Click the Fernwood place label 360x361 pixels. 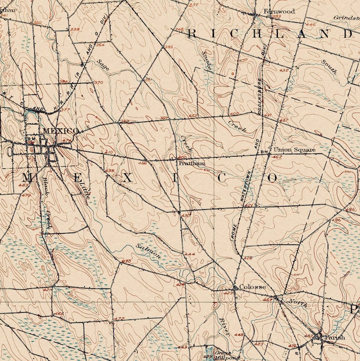[278, 11]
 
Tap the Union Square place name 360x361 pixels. [295, 149]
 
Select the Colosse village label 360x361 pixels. [253, 287]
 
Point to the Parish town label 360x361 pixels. [334, 337]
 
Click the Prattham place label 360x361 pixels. [192, 164]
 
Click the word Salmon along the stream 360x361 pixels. [149, 251]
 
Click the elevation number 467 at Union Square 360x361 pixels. [277, 158]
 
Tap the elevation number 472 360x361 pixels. [119, 318]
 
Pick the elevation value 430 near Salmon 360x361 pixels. [126, 260]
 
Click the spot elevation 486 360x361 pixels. [349, 209]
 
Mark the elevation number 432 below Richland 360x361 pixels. [284, 71]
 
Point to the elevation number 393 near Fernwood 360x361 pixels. [276, 17]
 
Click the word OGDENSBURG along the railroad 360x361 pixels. [259, 106]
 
